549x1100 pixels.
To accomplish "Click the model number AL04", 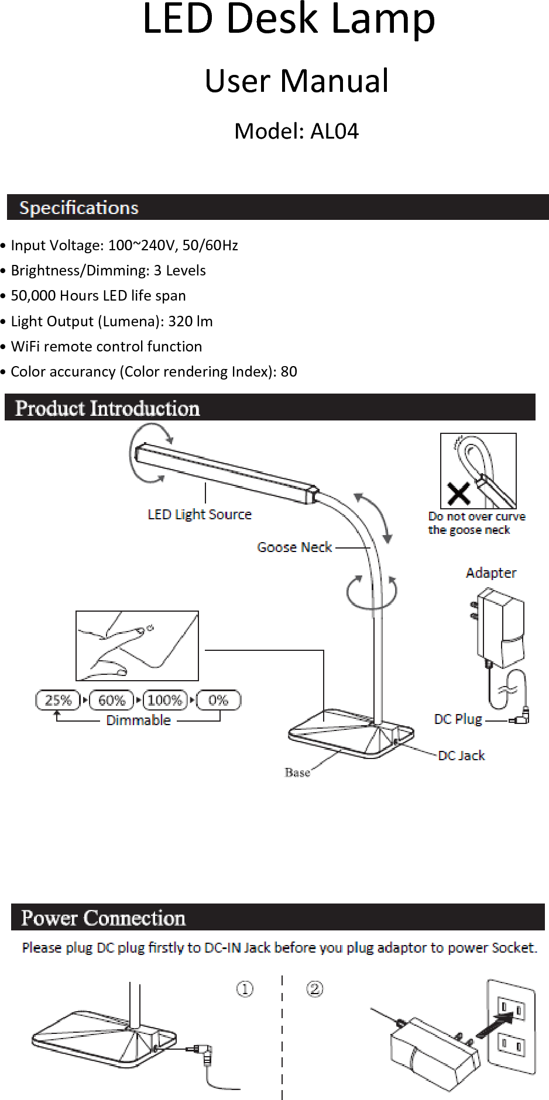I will pos(334,132).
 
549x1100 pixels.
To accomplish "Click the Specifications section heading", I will pos(79,208).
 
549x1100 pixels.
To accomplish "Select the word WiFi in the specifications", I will pos(25,346).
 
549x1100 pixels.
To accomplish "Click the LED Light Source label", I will pos(200,515).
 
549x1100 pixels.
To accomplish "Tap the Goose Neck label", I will pos(294,547).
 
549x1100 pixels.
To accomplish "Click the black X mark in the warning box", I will pos(458,493).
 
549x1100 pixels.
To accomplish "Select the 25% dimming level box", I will pos(58,700).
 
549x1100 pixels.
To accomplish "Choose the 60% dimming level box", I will pos(111,700).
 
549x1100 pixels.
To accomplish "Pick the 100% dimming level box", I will pos(164,700).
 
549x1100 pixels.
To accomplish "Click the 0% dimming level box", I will pos(218,700).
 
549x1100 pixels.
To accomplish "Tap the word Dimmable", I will pos(138,720).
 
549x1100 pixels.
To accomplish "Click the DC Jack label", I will pos(461,756).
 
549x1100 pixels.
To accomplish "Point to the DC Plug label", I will pos(458,719).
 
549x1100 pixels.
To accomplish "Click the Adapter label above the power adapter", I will pos(491,573).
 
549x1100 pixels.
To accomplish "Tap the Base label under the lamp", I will pos(297,773).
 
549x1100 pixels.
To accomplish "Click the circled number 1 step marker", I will pos(245,989).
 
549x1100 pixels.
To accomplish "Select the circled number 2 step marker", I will pos(315,989).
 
